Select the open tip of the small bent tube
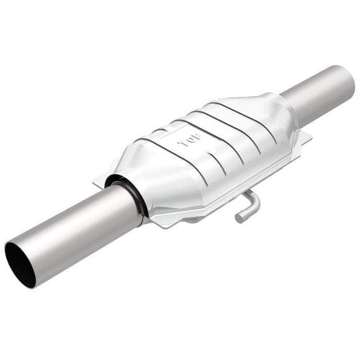click(x=239, y=218)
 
